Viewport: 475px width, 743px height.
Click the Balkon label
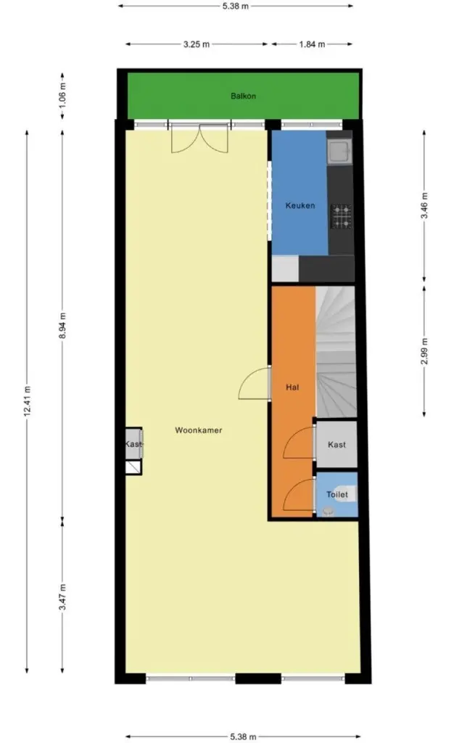(x=244, y=97)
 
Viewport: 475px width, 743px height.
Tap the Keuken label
(x=300, y=205)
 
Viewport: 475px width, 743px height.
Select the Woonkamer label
(x=199, y=430)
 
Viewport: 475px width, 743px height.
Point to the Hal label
(x=293, y=387)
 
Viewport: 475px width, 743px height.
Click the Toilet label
(x=337, y=495)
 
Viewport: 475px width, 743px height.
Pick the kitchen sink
(x=340, y=152)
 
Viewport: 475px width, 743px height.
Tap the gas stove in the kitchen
(x=342, y=216)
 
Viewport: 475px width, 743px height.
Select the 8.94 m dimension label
(x=63, y=326)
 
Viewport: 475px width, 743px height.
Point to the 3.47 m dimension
(x=63, y=597)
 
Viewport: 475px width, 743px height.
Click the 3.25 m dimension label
(x=197, y=44)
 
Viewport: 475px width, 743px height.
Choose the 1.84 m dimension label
(x=312, y=44)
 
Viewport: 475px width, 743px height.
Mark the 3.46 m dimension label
(x=424, y=205)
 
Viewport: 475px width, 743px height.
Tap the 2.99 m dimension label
(x=424, y=351)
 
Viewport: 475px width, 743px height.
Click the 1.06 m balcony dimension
(x=63, y=96)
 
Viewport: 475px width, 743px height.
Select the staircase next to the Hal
(x=336, y=352)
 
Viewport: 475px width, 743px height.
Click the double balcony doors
(x=200, y=139)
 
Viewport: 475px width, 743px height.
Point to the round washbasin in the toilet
(x=327, y=511)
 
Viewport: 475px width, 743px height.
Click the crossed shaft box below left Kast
(x=133, y=468)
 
